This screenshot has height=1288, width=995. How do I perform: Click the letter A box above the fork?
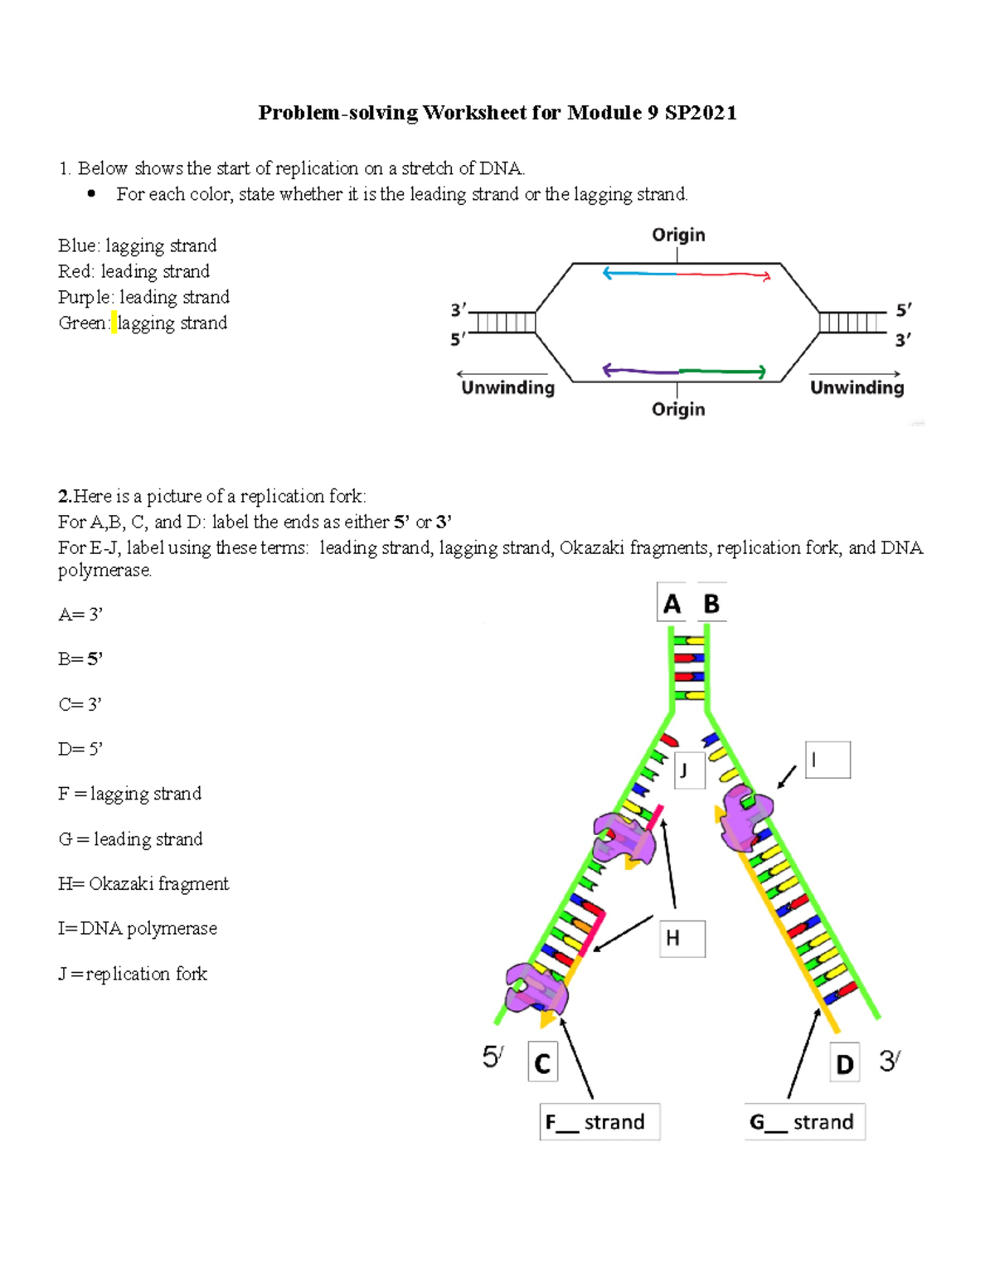(x=672, y=604)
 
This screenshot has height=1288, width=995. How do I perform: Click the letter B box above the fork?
(x=711, y=604)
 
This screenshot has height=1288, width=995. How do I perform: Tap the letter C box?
(x=543, y=1062)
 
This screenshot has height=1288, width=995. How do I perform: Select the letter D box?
(x=844, y=1063)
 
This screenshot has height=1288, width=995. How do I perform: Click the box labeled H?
(x=682, y=938)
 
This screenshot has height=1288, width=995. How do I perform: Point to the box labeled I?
(x=828, y=760)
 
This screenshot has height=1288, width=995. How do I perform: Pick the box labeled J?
(x=689, y=770)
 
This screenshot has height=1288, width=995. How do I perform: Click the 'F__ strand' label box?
(x=599, y=1121)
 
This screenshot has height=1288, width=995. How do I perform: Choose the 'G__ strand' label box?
(x=804, y=1121)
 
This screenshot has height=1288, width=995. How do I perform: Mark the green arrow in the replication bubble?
(x=721, y=372)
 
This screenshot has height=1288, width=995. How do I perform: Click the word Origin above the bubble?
(x=678, y=235)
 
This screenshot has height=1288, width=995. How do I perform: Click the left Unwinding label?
(x=507, y=387)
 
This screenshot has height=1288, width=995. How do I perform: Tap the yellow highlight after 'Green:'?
(x=114, y=323)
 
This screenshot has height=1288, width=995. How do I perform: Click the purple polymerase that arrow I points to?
(x=746, y=817)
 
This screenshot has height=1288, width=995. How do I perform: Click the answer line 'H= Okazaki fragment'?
(x=143, y=883)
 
